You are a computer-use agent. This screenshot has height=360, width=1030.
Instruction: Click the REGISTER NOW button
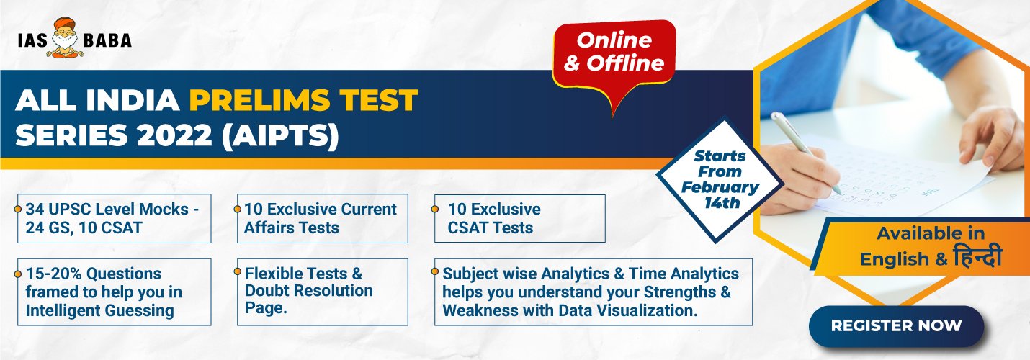[x=896, y=326]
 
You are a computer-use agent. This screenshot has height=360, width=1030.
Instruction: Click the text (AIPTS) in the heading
[x=280, y=135]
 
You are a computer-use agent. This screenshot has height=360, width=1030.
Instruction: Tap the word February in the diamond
[x=720, y=188]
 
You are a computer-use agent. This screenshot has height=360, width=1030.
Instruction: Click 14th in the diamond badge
[x=722, y=203]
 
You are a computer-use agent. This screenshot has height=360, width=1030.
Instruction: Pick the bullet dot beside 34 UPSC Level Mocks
[x=18, y=210]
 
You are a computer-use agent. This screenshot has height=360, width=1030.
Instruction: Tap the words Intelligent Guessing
[x=100, y=311]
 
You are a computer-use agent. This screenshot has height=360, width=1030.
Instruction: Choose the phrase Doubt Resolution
[x=309, y=291]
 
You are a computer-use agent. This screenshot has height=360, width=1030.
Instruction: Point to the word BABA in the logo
[x=107, y=40]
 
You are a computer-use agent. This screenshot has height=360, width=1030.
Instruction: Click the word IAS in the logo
[x=32, y=40]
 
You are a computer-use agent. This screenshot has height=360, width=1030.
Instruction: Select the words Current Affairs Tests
[x=320, y=218]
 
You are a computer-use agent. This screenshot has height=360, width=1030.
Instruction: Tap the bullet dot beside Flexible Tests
[x=237, y=271]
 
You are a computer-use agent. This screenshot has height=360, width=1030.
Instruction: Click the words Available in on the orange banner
[x=931, y=233]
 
